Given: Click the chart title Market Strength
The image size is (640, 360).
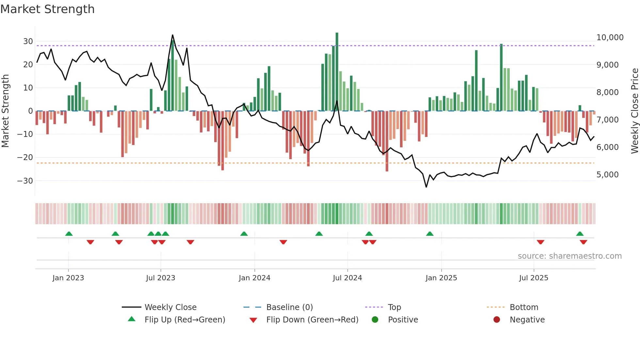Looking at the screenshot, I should (x=47, y=9).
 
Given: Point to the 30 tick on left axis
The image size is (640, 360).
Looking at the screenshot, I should (x=28, y=41).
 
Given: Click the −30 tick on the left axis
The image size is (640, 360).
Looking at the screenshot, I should (x=25, y=181).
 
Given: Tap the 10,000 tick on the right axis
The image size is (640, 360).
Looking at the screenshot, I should (x=610, y=38).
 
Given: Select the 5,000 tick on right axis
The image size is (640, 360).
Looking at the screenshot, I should (x=607, y=175).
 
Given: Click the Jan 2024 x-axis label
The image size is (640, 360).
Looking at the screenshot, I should (x=254, y=278).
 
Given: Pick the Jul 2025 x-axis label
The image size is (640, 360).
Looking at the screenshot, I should (x=534, y=278).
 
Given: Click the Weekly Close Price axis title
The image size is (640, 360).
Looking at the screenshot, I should (x=634, y=111).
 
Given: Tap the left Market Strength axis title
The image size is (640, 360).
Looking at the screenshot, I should (x=5, y=111).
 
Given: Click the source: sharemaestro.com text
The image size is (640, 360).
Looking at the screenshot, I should (x=569, y=256).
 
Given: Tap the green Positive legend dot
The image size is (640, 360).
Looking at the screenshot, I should (x=375, y=320).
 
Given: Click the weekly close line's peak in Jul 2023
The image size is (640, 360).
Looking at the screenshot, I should (x=172, y=35).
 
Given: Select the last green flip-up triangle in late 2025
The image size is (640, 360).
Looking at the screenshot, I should (x=580, y=234).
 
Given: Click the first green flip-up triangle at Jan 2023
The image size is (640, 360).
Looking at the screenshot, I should (x=69, y=234).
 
